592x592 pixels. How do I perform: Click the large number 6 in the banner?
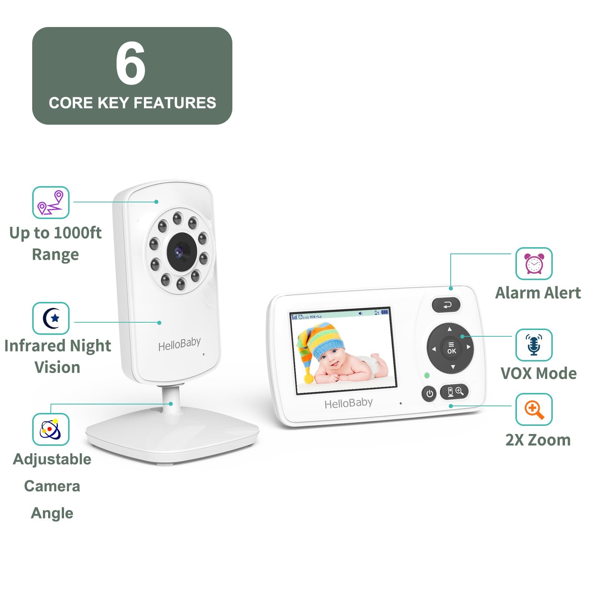coord(131,63)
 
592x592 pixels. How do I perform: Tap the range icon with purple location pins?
coord(51,202)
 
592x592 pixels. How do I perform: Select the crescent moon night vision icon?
coord(51,318)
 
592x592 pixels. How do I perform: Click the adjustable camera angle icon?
coord(51,429)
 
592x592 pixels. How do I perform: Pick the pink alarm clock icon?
coord(534,264)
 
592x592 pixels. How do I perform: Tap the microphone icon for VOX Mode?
coord(534,345)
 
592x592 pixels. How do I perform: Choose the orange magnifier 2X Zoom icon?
coord(534,410)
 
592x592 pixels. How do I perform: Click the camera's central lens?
coord(181,251)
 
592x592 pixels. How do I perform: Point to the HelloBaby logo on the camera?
coord(179,344)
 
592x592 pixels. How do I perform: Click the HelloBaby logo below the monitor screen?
coord(349,403)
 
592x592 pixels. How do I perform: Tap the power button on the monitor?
coord(429,394)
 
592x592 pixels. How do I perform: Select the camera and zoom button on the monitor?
coord(454,392)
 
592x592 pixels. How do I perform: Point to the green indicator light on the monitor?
coord(427,375)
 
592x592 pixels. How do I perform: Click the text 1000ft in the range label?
coord(78,233)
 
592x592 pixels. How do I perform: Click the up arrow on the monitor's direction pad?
coord(450,329)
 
